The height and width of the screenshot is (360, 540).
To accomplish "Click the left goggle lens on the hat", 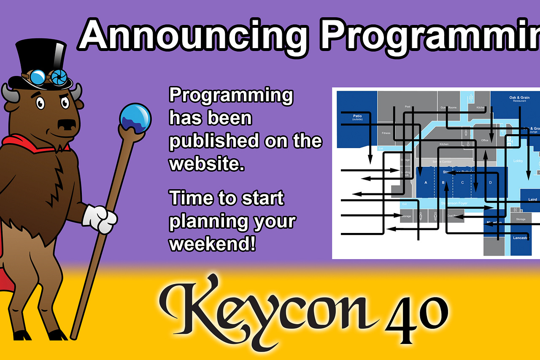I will tap(38, 77).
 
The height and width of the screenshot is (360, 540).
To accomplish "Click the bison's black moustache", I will tap(67, 125).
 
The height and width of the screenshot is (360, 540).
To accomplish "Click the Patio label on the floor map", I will tap(358, 116).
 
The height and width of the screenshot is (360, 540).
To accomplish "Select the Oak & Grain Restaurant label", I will tap(519, 99).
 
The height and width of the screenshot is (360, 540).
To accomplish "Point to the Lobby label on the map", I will tap(518, 161).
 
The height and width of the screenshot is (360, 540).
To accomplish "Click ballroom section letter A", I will tap(426, 182).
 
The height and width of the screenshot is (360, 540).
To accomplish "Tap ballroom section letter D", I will tap(490, 182).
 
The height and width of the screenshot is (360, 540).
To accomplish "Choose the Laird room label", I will tap(532, 199).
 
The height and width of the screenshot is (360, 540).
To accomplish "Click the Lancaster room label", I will tap(521, 238).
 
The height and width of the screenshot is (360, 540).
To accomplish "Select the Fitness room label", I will tap(386, 133).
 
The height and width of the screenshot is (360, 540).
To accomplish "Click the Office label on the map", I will tap(484, 141).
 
